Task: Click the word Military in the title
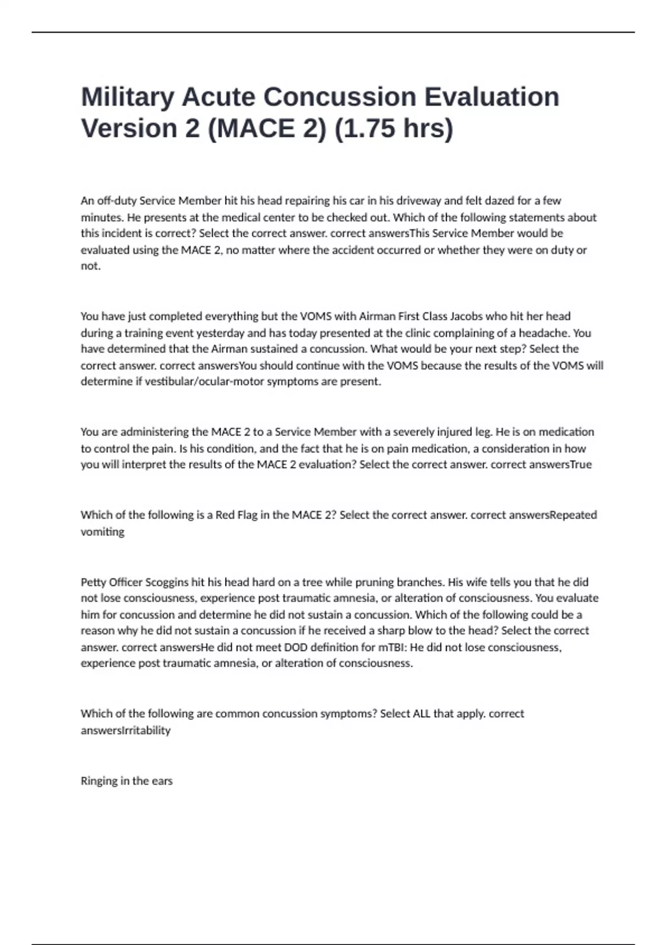127,97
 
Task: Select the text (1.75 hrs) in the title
394,129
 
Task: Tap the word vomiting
102,531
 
